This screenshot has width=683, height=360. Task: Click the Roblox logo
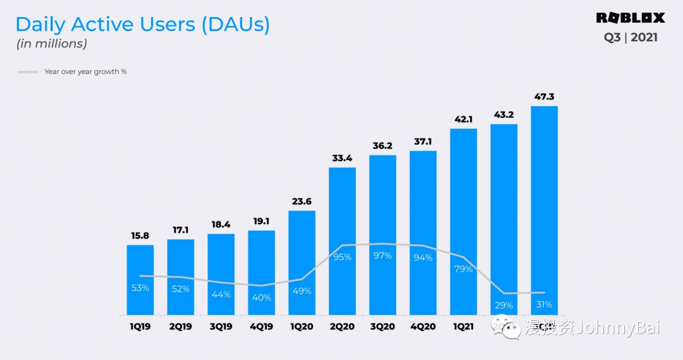(x=631, y=18)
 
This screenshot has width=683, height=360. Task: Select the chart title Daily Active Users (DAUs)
(x=142, y=25)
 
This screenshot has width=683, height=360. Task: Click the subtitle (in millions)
(x=51, y=44)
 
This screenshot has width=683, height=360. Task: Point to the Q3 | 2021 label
(x=631, y=37)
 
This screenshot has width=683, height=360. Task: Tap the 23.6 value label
(x=302, y=202)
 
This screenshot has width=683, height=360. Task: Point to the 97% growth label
(x=383, y=256)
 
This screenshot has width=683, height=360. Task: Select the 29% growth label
(x=504, y=305)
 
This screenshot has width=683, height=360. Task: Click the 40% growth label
(x=261, y=297)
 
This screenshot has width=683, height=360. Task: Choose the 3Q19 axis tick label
(x=221, y=326)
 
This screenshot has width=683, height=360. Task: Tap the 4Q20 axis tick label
(x=423, y=326)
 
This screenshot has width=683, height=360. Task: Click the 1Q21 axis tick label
(x=464, y=326)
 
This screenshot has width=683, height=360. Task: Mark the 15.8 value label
(x=140, y=236)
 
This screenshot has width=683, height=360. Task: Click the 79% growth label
(x=464, y=270)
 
